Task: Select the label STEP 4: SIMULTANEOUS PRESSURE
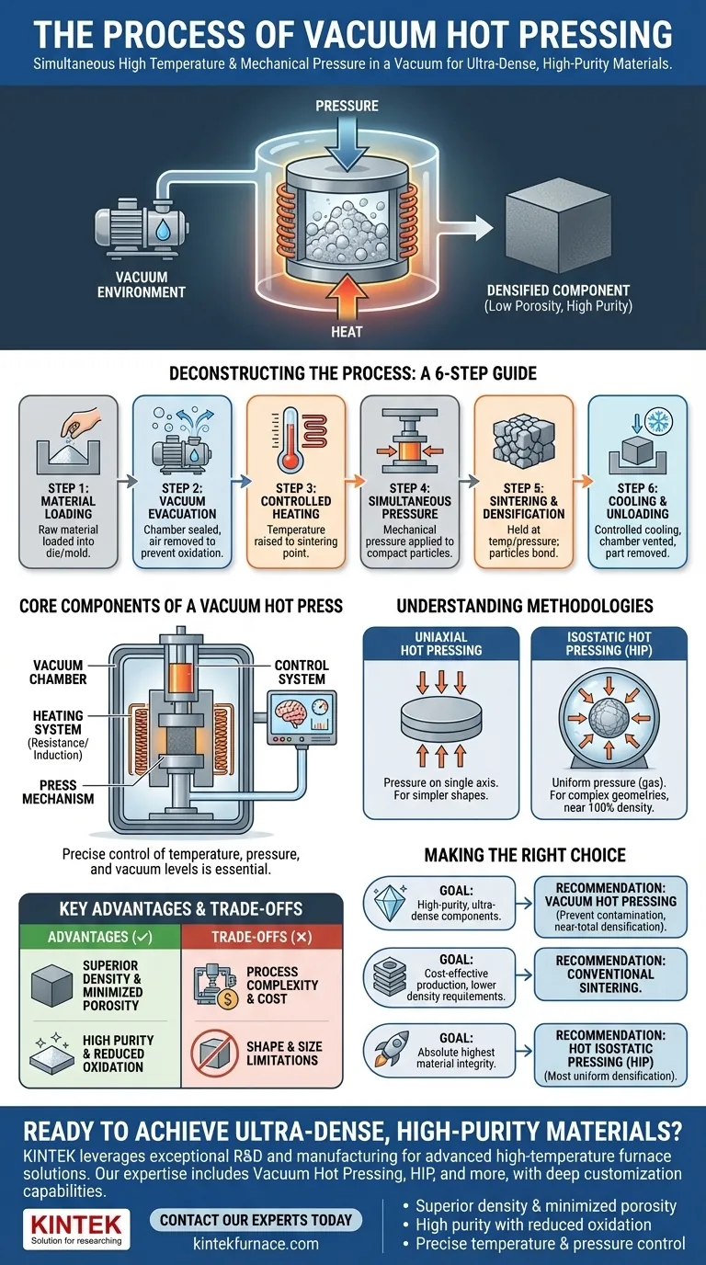(x=409, y=500)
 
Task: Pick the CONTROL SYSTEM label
(x=301, y=671)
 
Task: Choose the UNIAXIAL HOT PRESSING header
(x=441, y=644)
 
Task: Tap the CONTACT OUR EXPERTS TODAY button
(x=256, y=1220)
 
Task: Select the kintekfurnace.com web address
(x=256, y=1244)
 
